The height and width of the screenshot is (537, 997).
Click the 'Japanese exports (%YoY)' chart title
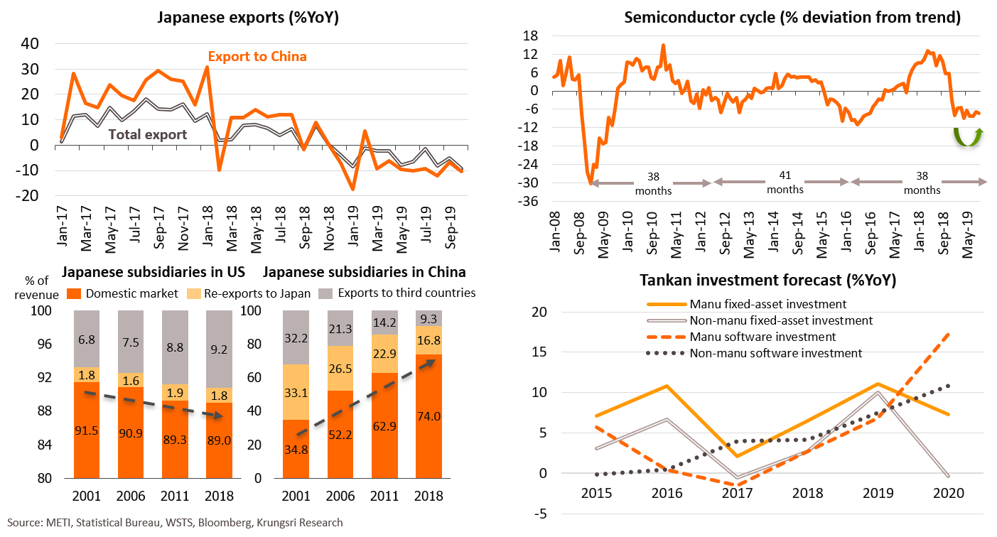[x=247, y=18]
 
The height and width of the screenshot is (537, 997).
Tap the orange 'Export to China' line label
[x=257, y=55]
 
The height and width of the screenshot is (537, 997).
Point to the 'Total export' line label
[x=148, y=134]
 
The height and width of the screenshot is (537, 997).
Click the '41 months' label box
[x=785, y=183]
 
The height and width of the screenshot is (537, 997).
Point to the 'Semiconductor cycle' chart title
[x=792, y=18]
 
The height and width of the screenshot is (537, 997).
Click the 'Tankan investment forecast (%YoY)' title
[x=768, y=281]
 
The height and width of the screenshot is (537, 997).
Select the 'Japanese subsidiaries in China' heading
[x=365, y=272]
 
